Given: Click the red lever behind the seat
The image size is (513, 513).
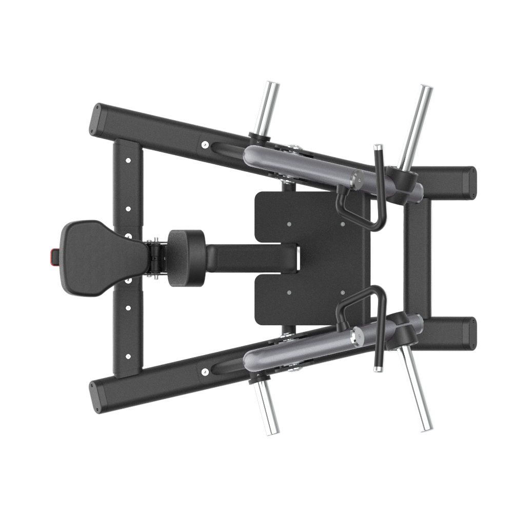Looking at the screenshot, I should coord(53,255).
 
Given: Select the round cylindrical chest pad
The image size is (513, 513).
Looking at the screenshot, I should coord(186,258).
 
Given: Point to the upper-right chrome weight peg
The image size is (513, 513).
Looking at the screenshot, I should coord(415,126).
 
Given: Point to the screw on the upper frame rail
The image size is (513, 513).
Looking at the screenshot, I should coord(205,145).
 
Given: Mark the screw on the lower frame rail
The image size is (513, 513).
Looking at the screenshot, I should coord(205,371).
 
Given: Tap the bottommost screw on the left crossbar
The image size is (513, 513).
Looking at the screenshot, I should coord(128,357).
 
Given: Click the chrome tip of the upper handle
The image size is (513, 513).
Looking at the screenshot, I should coord(378,148).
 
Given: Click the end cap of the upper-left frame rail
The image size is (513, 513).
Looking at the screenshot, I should coord(95,119).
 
